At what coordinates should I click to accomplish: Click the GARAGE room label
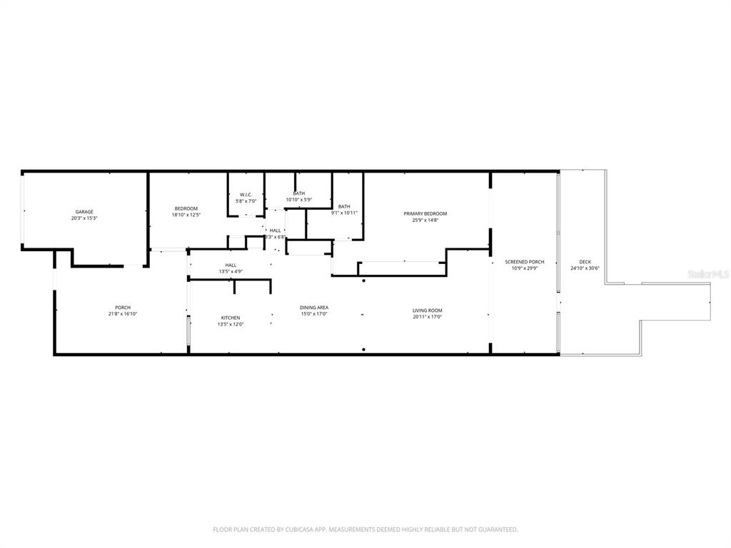[84, 212]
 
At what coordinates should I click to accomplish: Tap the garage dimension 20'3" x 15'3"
[84, 218]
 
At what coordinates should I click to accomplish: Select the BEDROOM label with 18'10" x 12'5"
[186, 208]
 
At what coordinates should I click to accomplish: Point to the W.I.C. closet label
[246, 195]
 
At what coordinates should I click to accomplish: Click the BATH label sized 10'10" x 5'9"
[299, 193]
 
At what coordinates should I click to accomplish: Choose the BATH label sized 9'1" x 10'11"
[344, 206]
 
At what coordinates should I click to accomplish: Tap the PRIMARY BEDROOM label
[425, 214]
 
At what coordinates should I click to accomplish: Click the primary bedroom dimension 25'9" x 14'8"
[425, 220]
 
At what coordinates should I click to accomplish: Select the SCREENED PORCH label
[525, 262]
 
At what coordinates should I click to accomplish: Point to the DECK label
[585, 262]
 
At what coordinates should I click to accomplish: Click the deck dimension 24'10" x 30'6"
[585, 268]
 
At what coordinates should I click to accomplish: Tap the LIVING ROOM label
[427, 310]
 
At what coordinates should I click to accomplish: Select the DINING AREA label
[313, 308]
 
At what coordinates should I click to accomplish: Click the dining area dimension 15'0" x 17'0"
[313, 314]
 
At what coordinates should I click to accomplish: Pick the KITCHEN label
[230, 318]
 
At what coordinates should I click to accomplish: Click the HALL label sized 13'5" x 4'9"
[231, 265]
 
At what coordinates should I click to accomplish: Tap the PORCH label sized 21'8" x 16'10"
[122, 308]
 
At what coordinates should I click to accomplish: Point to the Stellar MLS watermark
[706, 273]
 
